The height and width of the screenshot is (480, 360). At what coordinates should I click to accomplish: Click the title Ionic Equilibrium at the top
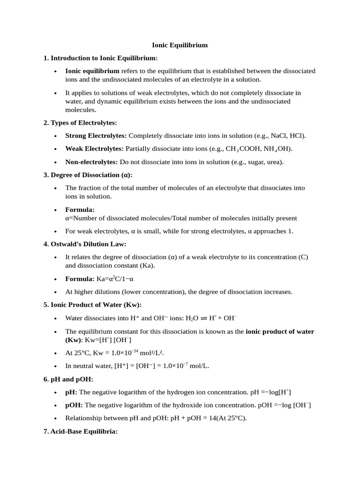point(180,45)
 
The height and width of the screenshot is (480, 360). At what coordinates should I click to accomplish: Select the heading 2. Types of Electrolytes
point(80,123)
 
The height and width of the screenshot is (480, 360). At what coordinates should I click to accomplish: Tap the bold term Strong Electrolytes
point(96,136)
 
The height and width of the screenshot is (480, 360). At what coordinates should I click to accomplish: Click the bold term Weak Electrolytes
point(94,149)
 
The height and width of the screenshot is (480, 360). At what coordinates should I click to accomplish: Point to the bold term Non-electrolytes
point(91,162)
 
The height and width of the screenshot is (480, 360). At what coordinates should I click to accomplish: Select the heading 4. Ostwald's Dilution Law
point(85,244)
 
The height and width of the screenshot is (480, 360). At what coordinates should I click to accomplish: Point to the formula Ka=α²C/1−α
point(115,279)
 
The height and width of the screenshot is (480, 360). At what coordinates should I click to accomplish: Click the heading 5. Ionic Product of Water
point(92,305)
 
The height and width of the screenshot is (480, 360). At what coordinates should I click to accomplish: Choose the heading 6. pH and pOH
point(68,379)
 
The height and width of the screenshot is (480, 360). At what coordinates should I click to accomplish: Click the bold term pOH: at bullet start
point(74,405)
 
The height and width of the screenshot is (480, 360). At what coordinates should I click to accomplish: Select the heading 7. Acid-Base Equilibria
point(80,431)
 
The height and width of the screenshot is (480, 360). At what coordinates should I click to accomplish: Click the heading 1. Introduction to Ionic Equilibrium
point(101,58)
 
